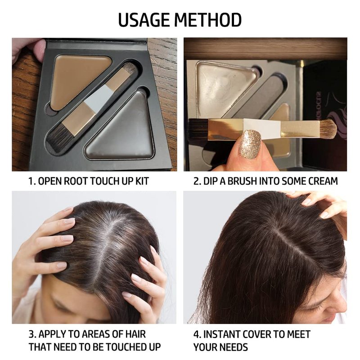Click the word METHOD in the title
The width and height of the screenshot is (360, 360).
208,20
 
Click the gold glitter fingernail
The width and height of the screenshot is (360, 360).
250,143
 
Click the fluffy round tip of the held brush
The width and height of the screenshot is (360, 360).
328,130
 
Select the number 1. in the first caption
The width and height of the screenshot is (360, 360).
32,181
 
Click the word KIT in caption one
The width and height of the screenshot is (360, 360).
142,181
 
